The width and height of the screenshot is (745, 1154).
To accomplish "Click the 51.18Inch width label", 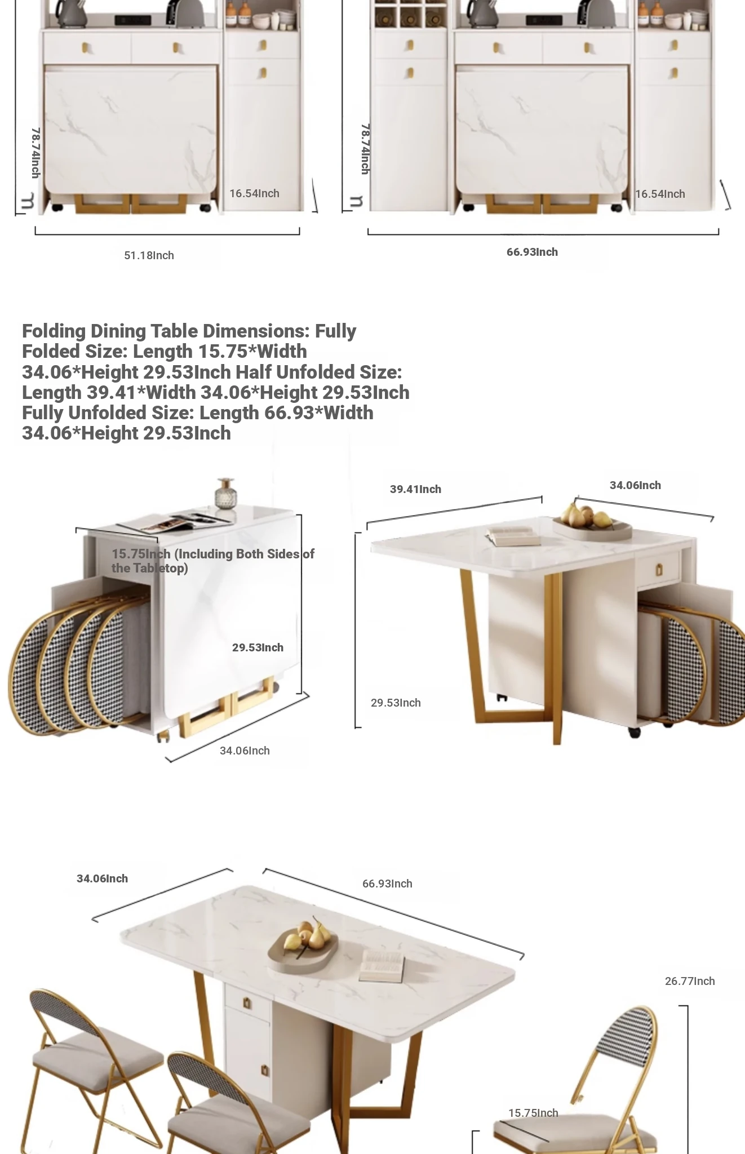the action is [149, 255].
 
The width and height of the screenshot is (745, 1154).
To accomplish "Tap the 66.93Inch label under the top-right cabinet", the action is [532, 252].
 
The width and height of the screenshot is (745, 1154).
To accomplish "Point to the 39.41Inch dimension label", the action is [415, 489].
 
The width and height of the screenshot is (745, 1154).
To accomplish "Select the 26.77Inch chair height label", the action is [690, 981].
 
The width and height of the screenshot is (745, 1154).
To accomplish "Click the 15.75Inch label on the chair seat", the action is [533, 1113].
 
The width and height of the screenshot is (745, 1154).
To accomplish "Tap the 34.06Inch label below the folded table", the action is [245, 751].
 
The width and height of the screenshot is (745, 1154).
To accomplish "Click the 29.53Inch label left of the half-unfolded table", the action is [396, 703].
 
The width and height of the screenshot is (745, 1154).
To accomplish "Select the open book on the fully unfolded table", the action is [382, 966].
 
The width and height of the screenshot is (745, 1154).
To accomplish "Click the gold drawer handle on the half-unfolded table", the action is [659, 570].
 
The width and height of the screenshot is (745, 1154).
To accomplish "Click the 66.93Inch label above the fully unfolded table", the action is [387, 884].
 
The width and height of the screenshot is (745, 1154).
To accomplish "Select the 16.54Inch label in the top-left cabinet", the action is [254, 193].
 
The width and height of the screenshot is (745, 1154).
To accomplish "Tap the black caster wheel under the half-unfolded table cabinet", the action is [635, 733].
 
